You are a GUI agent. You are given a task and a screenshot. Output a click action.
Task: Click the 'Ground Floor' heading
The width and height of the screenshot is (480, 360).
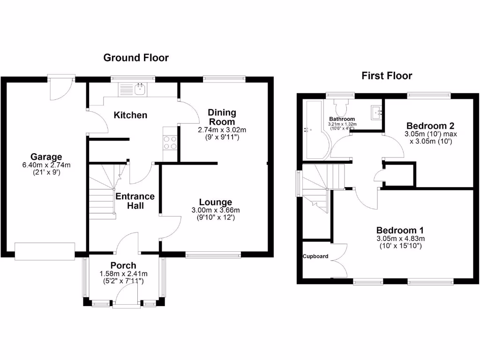(136, 58)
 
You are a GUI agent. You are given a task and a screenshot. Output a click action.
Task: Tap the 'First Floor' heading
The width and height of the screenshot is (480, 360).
(387, 75)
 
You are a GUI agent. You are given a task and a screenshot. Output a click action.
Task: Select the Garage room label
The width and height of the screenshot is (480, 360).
(46, 157)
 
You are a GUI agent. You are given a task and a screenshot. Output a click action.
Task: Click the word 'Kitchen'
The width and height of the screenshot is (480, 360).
(131, 115)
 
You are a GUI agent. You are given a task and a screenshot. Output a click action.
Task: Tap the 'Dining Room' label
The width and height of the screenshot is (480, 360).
(222, 117)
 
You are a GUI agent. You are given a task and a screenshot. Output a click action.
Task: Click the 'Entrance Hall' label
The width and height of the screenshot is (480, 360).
(135, 201)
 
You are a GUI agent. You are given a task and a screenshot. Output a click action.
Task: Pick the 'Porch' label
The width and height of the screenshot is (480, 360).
(123, 265)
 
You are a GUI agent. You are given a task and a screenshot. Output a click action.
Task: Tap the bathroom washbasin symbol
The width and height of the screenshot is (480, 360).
(376, 112)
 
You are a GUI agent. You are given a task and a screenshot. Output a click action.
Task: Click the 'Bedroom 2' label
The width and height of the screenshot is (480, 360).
(430, 126)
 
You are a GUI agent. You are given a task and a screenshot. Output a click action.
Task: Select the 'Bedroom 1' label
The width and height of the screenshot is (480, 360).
(400, 230)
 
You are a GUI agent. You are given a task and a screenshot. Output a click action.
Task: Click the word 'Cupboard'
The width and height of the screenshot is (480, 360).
(315, 256)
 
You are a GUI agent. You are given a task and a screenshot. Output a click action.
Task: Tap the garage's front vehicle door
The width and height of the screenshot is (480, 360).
(45, 251)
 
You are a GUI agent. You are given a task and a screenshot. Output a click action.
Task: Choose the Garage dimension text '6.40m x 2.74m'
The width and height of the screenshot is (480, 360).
(46, 165)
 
